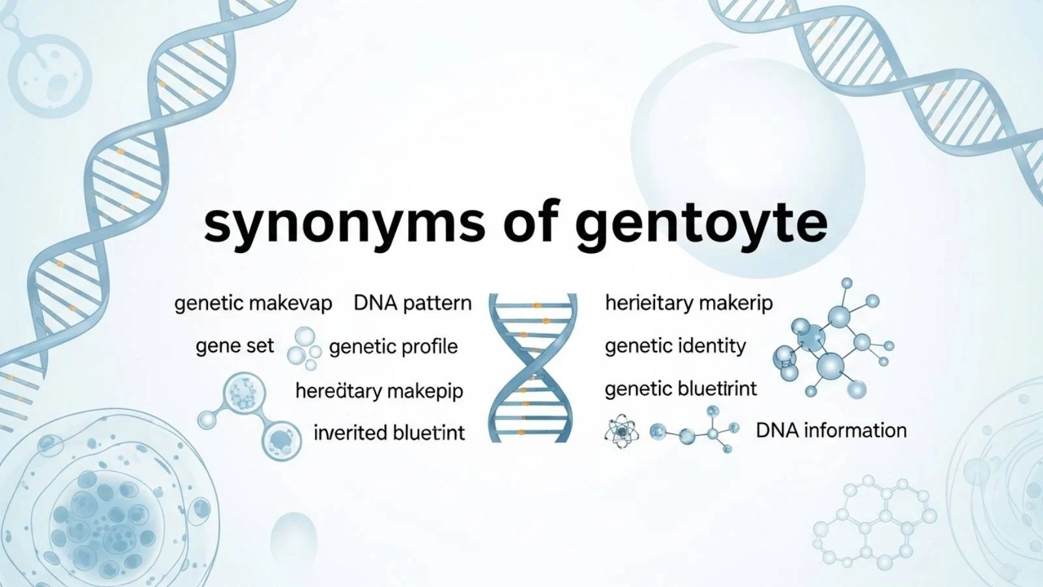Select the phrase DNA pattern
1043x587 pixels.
pos(413,303)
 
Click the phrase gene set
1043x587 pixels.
pos(235,346)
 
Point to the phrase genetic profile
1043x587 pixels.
pos(393,346)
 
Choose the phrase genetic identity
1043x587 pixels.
pos(675,346)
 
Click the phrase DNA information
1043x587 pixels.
pos(831,430)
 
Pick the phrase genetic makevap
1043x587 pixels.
pos(253,303)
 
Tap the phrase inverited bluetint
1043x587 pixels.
pos(389,432)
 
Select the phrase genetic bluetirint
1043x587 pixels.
pos(681,389)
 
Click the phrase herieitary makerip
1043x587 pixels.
pos(688,303)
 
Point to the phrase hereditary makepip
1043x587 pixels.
pos(379,391)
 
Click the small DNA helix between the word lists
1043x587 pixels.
pos(533,368)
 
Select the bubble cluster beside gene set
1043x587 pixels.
pos(304,346)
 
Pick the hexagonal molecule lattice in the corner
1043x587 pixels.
pos(874,522)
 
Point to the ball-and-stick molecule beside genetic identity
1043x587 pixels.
pos(831,346)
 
